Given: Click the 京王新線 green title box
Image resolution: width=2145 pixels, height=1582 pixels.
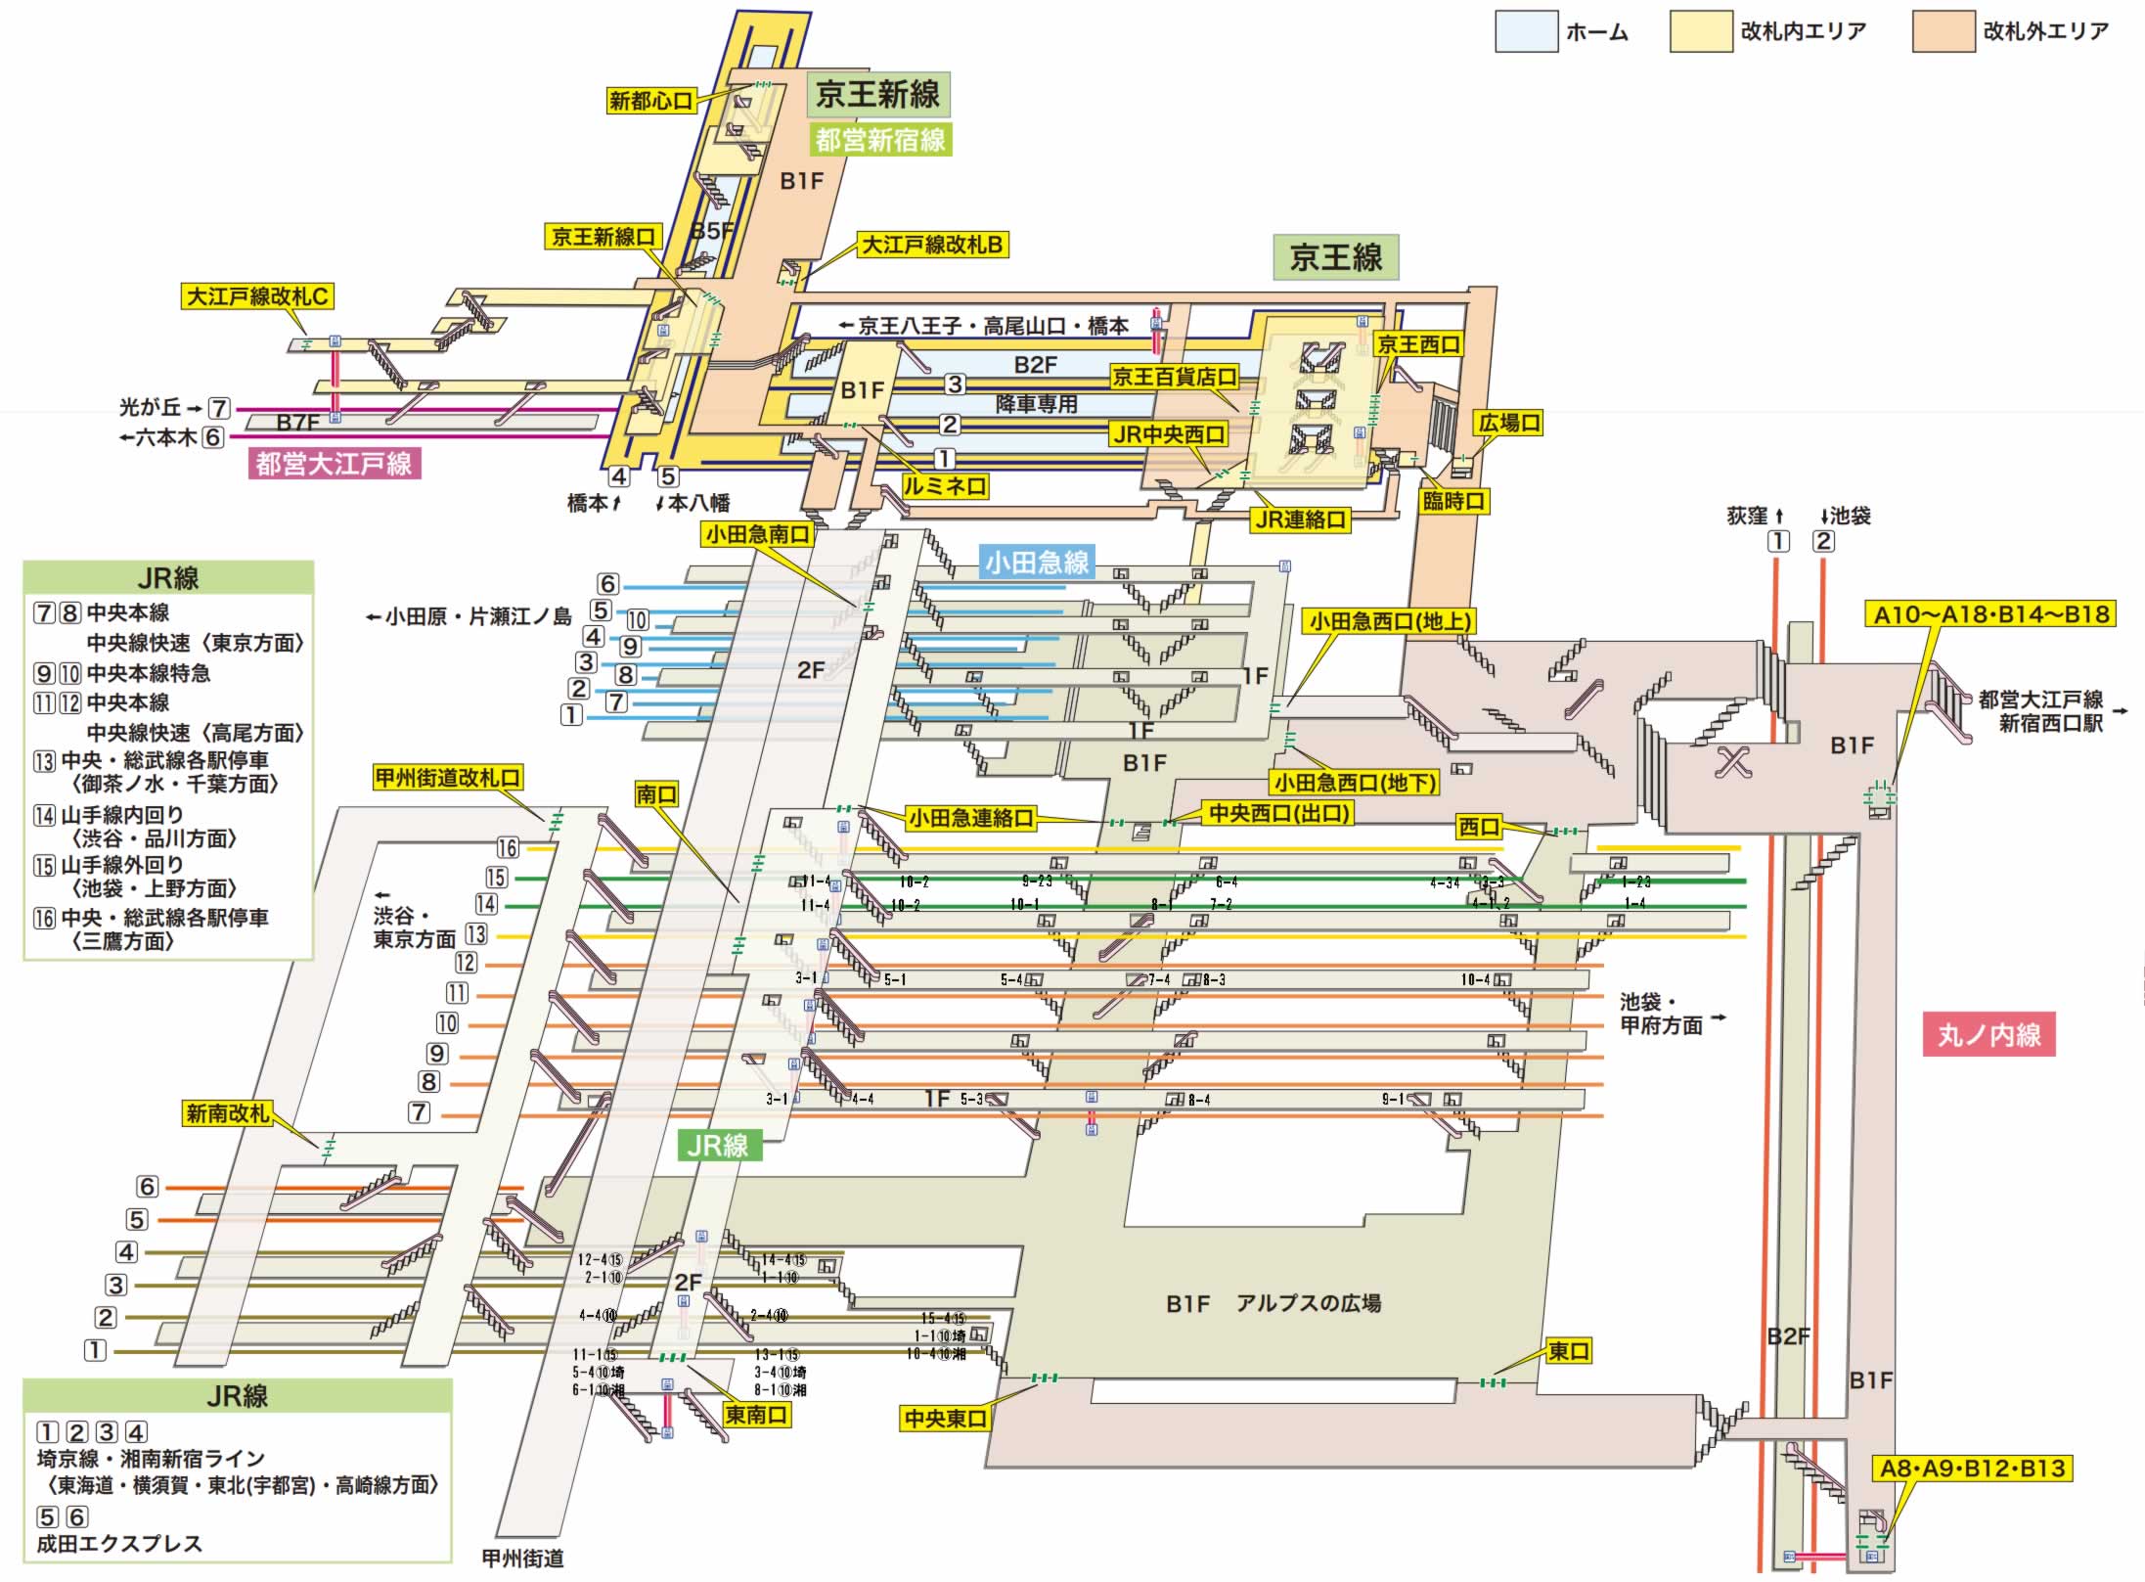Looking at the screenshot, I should click(x=877, y=95).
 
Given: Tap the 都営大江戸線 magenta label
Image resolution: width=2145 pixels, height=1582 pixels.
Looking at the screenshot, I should click(x=334, y=464).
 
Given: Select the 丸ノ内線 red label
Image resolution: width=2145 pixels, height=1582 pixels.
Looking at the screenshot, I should click(x=1989, y=1034).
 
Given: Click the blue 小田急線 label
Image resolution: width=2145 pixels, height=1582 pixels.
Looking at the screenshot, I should click(x=1036, y=563).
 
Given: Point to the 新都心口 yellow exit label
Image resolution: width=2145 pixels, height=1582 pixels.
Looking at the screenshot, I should click(x=650, y=100).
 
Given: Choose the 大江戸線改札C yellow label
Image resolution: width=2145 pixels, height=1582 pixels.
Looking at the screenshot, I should click(x=258, y=296).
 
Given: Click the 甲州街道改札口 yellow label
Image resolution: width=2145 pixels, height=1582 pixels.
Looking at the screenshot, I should click(x=448, y=778).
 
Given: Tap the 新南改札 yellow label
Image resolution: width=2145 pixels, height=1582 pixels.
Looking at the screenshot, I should click(x=227, y=1113).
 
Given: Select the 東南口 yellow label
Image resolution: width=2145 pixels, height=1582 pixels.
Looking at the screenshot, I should click(x=755, y=1415).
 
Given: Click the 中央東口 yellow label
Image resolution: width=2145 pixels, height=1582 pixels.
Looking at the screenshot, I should click(x=944, y=1419).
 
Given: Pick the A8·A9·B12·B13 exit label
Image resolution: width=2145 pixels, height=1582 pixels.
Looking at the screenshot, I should click(x=1972, y=1469).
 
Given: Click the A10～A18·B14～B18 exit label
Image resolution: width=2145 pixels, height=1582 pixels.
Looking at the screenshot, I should click(x=1989, y=614).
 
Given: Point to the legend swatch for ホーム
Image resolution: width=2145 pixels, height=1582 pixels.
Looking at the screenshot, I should click(x=1526, y=31).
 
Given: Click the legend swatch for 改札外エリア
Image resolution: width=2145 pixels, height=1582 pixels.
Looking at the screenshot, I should click(x=1943, y=31).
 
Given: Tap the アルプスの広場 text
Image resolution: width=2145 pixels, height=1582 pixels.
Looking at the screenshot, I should click(x=1308, y=1303).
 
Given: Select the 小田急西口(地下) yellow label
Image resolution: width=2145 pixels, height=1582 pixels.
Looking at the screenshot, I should click(x=1355, y=782).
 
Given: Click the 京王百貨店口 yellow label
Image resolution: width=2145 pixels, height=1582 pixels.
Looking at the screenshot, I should click(x=1174, y=377).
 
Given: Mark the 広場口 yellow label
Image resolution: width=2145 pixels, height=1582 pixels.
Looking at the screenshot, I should click(x=1509, y=423).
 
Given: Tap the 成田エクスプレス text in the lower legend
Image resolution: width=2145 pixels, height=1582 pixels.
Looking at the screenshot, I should click(x=119, y=1544).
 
